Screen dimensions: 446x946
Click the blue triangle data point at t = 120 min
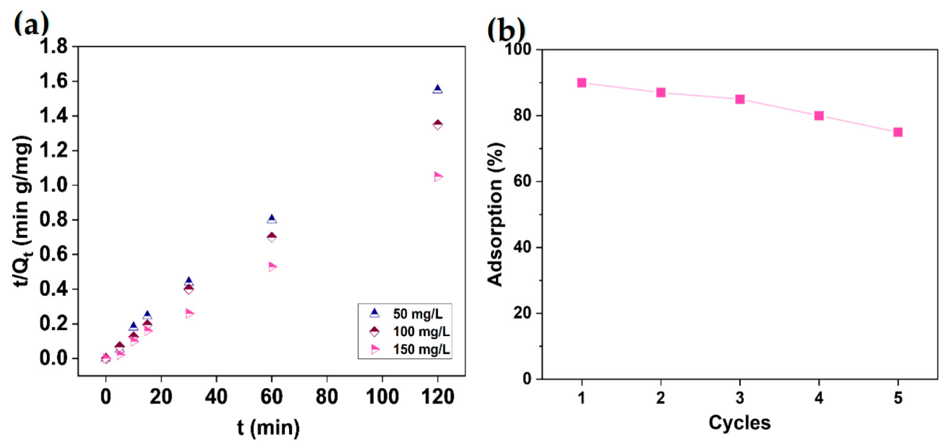[437, 89]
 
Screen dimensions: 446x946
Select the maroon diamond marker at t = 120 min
[437, 125]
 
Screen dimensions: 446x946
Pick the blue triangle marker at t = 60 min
[272, 219]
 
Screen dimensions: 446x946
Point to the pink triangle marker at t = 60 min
[272, 267]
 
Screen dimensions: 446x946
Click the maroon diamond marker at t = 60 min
[272, 237]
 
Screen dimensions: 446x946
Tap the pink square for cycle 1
[582, 83]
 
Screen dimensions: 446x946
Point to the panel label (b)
[506, 30]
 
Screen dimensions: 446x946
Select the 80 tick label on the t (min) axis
[327, 397]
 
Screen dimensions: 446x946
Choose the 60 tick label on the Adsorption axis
[522, 181]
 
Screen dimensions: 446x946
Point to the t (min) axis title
[268, 428]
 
